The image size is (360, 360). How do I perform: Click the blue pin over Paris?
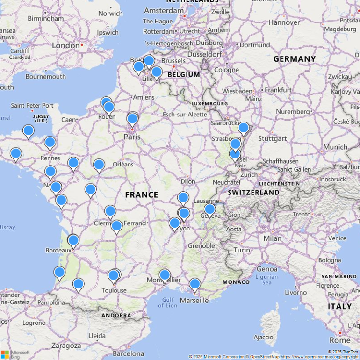[x=132, y=119]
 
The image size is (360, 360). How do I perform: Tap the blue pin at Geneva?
[x=209, y=209]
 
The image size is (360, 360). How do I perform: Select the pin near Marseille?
[x=194, y=284]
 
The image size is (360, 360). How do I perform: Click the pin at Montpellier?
[x=165, y=275]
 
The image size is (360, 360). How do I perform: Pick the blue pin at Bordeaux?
[x=73, y=240]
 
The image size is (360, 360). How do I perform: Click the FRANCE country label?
[x=141, y=194]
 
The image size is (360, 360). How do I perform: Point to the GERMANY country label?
[x=294, y=59]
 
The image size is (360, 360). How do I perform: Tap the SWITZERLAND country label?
[x=253, y=192]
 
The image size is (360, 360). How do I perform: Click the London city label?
[x=66, y=45]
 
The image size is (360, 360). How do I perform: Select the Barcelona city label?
[x=128, y=353]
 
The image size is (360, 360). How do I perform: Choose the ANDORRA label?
[x=116, y=315]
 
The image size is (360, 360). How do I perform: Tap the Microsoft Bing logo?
[x=15, y=354]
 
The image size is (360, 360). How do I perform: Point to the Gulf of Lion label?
[x=167, y=302]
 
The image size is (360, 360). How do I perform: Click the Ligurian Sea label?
[x=267, y=280]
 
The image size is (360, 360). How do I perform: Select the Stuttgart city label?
[x=272, y=138]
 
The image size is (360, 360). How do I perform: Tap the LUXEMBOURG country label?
[x=209, y=103]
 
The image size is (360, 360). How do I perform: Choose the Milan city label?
[x=273, y=238]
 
